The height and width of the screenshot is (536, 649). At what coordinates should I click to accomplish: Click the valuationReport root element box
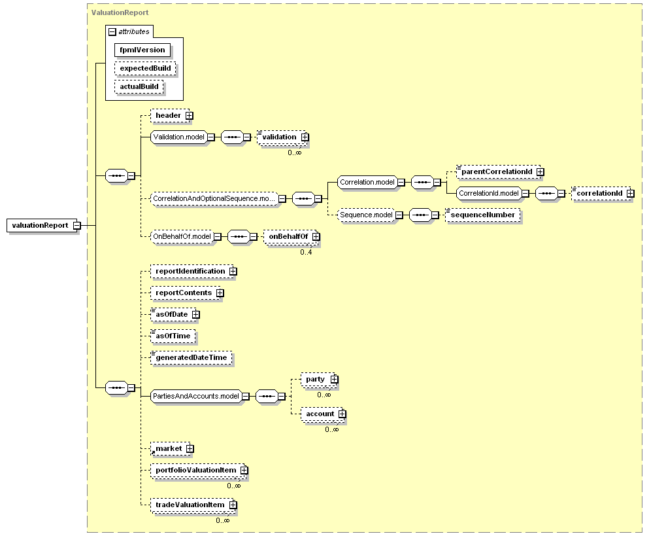click(42, 226)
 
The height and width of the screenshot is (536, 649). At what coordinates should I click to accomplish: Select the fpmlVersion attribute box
click(142, 50)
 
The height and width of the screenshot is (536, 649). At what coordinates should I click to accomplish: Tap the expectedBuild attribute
click(145, 69)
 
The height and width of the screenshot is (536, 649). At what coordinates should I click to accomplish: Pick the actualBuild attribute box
click(139, 86)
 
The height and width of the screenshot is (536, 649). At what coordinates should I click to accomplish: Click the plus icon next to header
click(189, 116)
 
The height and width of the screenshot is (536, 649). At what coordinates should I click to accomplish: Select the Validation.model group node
click(179, 137)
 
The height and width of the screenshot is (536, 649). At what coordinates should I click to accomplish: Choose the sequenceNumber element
click(482, 215)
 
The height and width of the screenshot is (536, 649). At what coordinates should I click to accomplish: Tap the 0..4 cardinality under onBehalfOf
click(306, 252)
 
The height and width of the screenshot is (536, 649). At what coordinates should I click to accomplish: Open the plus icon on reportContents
click(220, 293)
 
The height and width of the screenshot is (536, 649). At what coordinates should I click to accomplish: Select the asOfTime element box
click(173, 336)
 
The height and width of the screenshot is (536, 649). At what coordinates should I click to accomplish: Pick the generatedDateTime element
click(191, 358)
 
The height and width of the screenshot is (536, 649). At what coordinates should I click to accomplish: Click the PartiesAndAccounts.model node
click(196, 397)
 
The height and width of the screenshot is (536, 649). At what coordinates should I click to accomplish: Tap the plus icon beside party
click(335, 380)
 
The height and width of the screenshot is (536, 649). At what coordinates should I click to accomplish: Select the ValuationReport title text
click(120, 13)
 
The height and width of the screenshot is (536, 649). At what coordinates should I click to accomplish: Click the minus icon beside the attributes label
click(112, 32)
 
